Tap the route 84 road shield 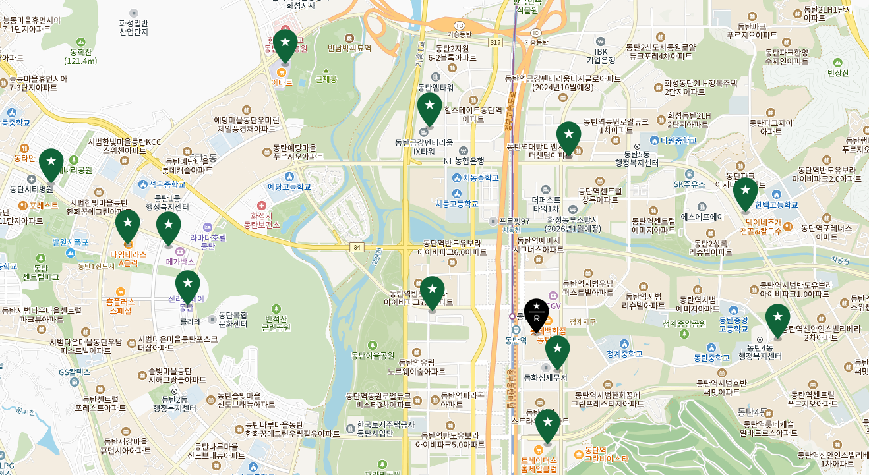pyautogui.click(x=357, y=247)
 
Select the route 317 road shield pyautogui.click(x=496, y=42)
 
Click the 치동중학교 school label pyautogui.click(x=475, y=178)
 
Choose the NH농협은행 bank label pyautogui.click(x=464, y=161)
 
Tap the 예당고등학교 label pyautogui.click(x=289, y=186)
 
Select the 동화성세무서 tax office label pyautogui.click(x=545, y=377)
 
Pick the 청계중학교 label pyautogui.click(x=624, y=354)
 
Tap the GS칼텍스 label pyautogui.click(x=74, y=372)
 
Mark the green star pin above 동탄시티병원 pyautogui.click(x=51, y=165)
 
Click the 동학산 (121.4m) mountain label pyautogui.click(x=80, y=56)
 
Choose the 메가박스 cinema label pyautogui.click(x=180, y=262)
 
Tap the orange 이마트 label pyautogui.click(x=282, y=82)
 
